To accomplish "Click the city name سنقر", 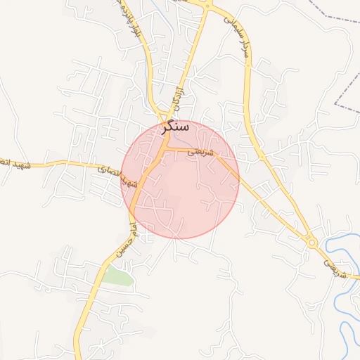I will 175,127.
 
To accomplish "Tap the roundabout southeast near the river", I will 312,243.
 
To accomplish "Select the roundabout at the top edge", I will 207,4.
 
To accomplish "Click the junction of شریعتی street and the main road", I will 168,148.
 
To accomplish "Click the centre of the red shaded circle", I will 180,179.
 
